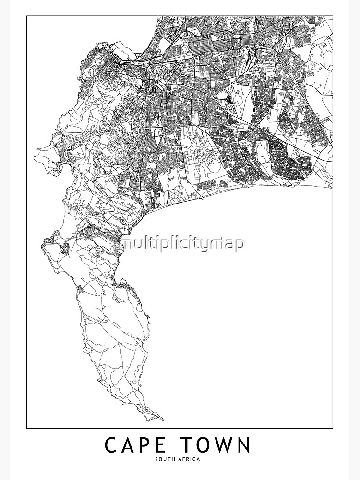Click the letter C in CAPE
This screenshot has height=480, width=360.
pyautogui.click(x=111, y=445)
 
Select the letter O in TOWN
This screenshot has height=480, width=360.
pyautogui.click(x=207, y=445)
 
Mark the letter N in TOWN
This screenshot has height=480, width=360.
pyautogui.click(x=245, y=445)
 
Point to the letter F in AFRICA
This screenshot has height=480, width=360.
pyautogui.click(x=185, y=459)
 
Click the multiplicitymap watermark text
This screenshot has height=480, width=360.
pyautogui.click(x=182, y=243)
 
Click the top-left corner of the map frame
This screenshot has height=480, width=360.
pyautogui.click(x=26, y=16)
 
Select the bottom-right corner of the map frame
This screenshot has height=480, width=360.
pyautogui.click(x=333, y=428)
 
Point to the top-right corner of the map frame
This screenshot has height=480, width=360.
pyautogui.click(x=333, y=16)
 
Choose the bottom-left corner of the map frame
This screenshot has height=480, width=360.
pyautogui.click(x=26, y=428)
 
